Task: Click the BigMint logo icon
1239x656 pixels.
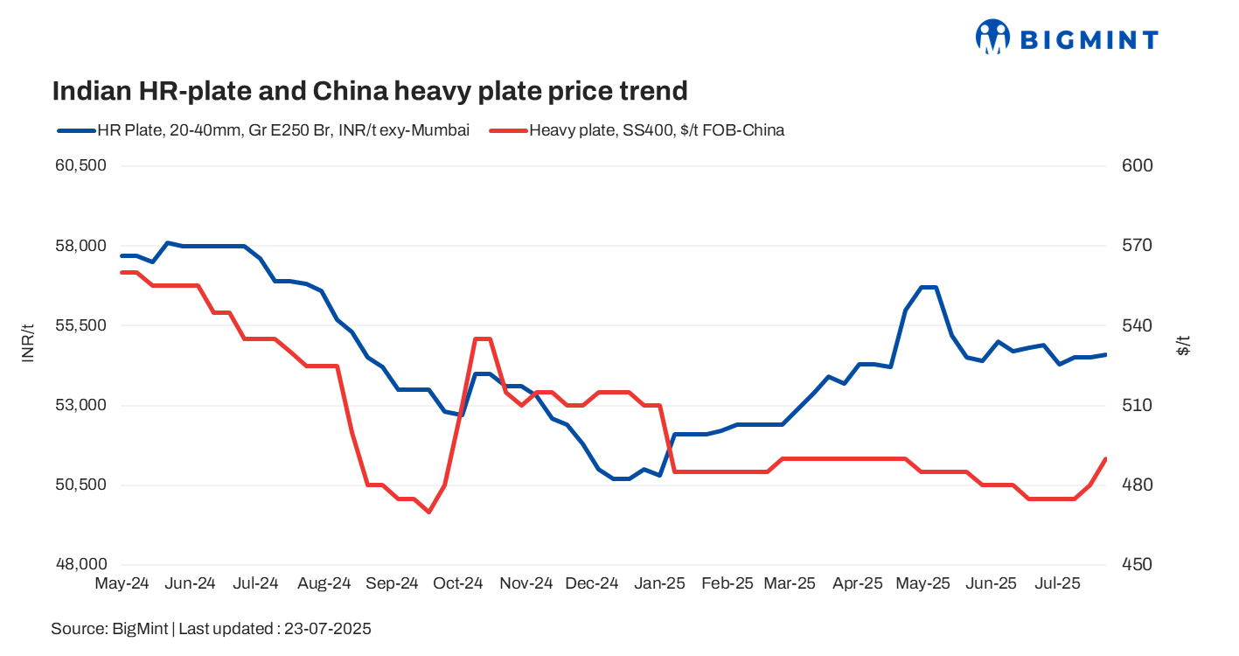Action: pos(992,38)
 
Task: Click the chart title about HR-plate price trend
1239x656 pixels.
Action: pos(370,91)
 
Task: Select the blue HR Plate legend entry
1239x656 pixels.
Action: pos(263,130)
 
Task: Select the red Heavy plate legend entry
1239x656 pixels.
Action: pos(637,130)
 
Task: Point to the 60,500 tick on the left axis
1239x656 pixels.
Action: pos(80,166)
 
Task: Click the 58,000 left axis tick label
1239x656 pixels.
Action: pos(80,246)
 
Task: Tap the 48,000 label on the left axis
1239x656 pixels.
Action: pos(80,565)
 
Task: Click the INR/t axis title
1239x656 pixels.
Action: pos(28,343)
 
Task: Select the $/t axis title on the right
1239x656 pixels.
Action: pos(1183,345)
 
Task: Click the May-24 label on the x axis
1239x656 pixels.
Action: pos(122,583)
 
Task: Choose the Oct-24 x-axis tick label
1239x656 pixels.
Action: pos(459,583)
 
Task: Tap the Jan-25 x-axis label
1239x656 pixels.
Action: pos(661,583)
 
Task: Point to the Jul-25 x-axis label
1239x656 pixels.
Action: pos(1058,583)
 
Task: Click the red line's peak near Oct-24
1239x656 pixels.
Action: pos(483,338)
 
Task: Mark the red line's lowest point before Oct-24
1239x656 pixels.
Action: pos(428,512)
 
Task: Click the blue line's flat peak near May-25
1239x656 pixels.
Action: pos(929,287)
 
